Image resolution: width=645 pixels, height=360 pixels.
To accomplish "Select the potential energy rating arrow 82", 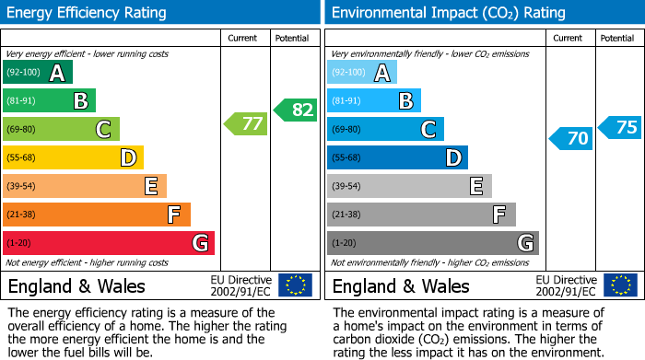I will click(295, 110).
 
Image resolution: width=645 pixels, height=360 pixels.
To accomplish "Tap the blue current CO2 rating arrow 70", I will click(570, 139).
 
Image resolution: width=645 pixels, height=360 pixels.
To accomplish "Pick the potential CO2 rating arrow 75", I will click(619, 127).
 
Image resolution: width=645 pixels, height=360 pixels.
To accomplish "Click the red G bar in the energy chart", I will click(109, 243).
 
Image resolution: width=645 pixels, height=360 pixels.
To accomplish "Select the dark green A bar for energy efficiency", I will click(38, 72).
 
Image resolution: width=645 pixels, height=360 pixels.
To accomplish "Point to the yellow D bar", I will click(73, 157).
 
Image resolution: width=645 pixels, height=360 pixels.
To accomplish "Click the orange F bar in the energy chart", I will click(97, 215).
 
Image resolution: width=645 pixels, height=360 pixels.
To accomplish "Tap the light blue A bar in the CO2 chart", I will click(362, 72).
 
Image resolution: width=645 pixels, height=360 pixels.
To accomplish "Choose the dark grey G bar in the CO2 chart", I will click(432, 243).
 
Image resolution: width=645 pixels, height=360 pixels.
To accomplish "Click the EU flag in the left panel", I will click(296, 285).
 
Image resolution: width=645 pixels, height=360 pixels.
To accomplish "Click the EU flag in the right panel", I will click(620, 285).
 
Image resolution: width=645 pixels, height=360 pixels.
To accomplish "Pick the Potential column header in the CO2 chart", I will click(617, 38).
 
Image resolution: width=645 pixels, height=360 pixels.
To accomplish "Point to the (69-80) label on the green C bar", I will click(22, 129).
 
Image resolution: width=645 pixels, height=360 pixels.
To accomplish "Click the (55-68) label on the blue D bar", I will click(347, 157).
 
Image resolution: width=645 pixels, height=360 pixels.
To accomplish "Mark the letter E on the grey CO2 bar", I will click(475, 186).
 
